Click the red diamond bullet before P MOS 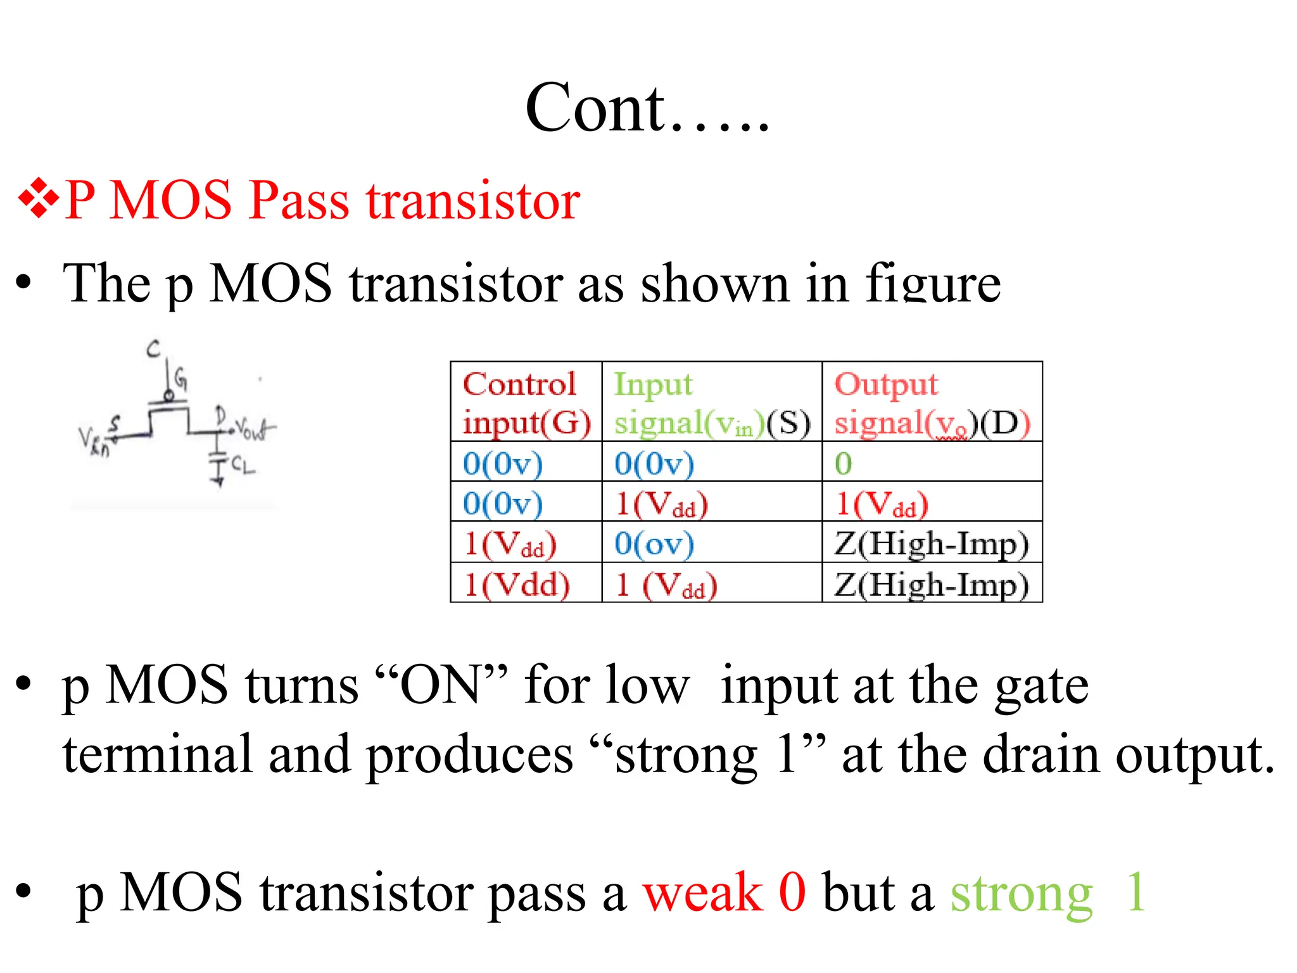tap(39, 200)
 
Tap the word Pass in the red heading tap(298, 200)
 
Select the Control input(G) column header tap(526, 402)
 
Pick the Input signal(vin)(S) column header tap(711, 402)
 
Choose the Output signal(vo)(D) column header tap(932, 402)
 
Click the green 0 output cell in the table tap(843, 463)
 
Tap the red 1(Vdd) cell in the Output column tap(881, 504)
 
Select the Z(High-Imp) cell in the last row tap(931, 584)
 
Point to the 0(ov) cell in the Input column tap(654, 544)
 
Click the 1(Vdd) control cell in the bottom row tap(517, 584)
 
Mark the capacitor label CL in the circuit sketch tap(243, 466)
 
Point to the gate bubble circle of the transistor tap(168, 396)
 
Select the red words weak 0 tap(724, 893)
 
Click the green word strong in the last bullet tap(1021, 893)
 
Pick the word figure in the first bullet tap(933, 284)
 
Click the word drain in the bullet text tap(1042, 755)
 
